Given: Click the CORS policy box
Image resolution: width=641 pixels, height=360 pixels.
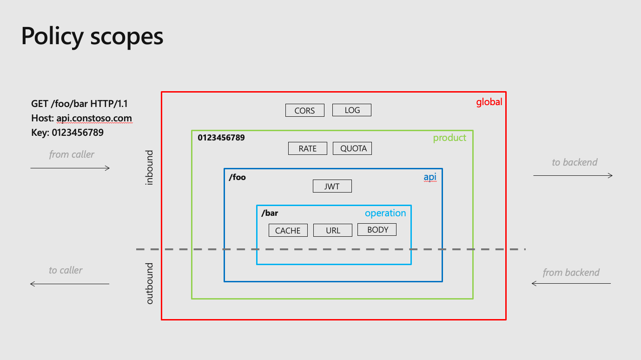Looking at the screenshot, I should coord(304,110).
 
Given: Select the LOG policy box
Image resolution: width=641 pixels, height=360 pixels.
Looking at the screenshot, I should coord(352,110).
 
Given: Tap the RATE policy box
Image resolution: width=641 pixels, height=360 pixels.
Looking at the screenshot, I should coord(307,148).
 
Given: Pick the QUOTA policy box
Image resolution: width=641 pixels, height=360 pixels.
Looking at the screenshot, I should coord(353,148).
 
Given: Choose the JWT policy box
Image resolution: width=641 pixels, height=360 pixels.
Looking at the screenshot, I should coord(332,186).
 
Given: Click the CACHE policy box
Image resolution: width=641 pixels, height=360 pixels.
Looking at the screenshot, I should coord(288,230).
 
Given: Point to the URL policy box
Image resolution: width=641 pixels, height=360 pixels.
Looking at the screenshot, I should coord(332,230).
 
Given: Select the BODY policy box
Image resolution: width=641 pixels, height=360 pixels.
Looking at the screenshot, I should coord(377,230).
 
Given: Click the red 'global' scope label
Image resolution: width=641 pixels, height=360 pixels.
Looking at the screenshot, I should coord(489,102).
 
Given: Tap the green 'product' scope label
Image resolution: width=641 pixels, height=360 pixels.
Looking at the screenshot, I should coord(449,138).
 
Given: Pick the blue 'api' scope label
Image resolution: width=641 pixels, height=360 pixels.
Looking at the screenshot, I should coord(430,177).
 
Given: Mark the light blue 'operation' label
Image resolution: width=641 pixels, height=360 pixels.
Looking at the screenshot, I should coord(385,213).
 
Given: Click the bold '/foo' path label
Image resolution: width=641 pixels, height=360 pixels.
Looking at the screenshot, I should coord(238,177).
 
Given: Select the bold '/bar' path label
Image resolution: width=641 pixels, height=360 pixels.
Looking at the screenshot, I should coord(270,213).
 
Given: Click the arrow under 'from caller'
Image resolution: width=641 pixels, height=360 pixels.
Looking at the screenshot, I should coord(70,168).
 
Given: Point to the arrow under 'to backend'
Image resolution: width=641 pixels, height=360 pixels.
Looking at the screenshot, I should coord(573,175).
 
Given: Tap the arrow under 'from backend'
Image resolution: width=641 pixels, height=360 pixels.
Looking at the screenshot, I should coord(571,283).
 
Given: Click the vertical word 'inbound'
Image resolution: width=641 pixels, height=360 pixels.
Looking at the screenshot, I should coord(149,167).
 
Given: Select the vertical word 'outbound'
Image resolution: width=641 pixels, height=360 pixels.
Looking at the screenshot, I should coord(149,283).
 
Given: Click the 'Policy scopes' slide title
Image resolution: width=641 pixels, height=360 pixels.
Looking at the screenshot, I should coord(92,36).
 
